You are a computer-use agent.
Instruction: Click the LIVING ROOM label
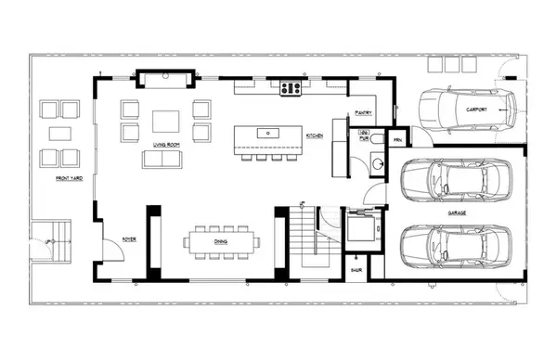coord(167,146)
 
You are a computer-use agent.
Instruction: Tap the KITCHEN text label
coord(315,136)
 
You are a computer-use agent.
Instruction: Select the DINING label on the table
coord(221,241)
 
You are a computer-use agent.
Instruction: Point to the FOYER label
coord(130,239)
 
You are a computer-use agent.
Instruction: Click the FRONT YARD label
coord(69,177)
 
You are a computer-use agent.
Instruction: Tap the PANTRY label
coord(363,114)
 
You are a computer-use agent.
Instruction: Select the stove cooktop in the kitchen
coord(291,89)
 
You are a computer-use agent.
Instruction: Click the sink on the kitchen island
coord(269,133)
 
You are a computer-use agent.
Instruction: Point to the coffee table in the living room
coord(166,122)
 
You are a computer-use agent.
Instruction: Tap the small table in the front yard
coord(61,133)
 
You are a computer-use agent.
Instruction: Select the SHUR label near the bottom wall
coord(356,272)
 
